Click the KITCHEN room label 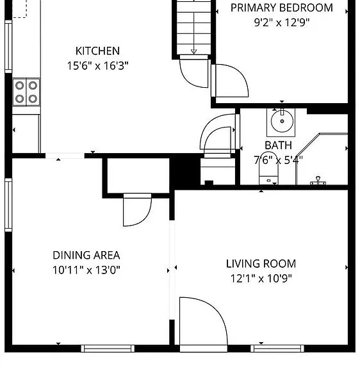coord(97,51)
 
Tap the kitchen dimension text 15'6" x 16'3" coord(97,65)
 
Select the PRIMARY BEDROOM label coord(281,8)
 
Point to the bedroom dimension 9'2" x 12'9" coord(281,22)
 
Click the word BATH coord(279,145)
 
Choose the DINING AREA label coord(86,256)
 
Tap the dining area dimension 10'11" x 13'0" coord(86,270)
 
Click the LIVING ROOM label coord(261,263)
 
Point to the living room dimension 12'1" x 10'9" coord(261,279)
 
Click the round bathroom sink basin coord(282,121)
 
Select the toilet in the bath coord(268,168)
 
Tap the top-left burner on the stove coord(19,85)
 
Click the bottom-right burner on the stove coord(33,99)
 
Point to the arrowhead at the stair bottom coord(193,51)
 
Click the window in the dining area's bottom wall coord(108,348)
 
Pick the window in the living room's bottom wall coord(277,348)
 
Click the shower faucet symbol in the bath coord(318,181)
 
